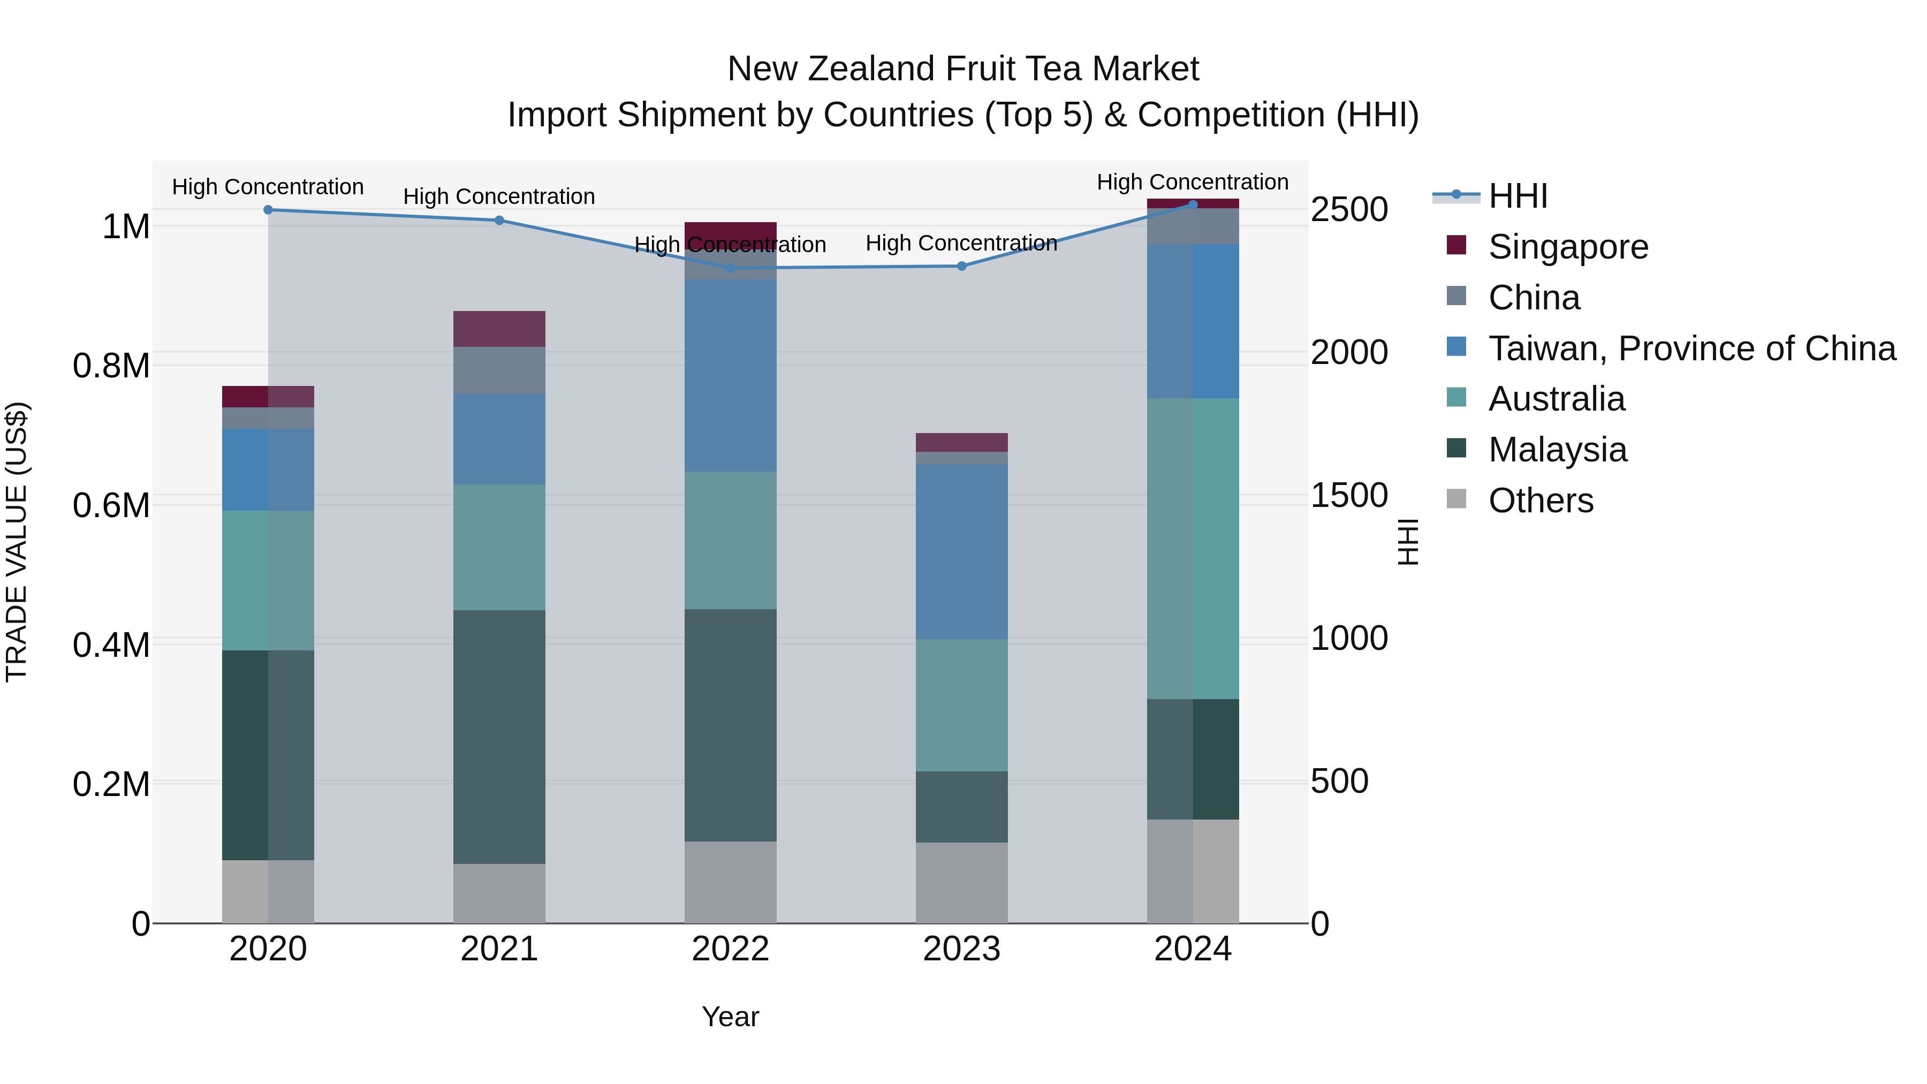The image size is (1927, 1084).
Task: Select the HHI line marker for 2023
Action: click(962, 267)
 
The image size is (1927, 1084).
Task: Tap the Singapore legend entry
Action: click(1567, 247)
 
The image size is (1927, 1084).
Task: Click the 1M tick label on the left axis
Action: click(126, 226)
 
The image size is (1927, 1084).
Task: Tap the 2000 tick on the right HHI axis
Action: click(1349, 352)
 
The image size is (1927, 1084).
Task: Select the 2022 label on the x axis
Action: click(730, 949)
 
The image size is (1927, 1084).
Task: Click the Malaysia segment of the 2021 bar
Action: click(499, 737)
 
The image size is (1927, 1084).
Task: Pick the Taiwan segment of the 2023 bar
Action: click(961, 551)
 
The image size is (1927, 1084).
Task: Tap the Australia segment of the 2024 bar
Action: click(1193, 548)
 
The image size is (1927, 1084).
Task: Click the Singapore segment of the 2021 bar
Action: click(499, 329)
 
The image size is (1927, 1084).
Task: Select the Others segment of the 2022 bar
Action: click(730, 882)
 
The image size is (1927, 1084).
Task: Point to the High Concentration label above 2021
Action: click(499, 197)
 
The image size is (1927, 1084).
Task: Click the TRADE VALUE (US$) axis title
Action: click(17, 542)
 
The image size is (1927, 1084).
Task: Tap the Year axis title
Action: click(730, 1017)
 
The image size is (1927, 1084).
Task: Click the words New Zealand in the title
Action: click(830, 69)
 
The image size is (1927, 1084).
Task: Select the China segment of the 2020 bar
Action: click(268, 418)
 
